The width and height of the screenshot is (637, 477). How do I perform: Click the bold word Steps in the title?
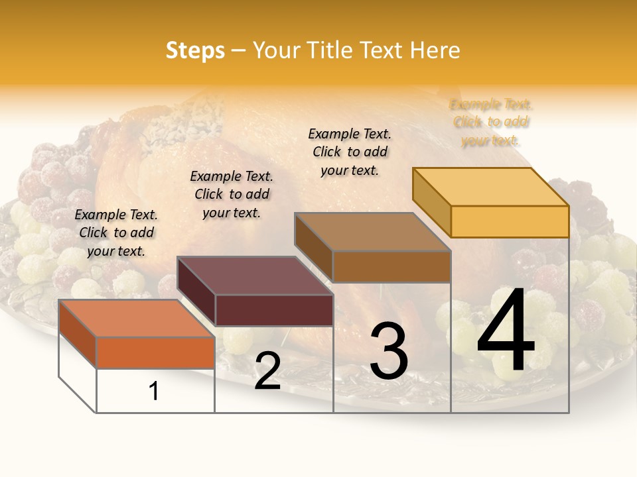195,50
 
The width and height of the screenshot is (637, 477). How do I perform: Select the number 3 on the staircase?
389,351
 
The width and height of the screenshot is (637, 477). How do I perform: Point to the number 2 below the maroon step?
267,372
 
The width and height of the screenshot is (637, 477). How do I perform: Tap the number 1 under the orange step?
154,391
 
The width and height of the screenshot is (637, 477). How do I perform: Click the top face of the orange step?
136,318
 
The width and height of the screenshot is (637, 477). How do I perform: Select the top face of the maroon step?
255,275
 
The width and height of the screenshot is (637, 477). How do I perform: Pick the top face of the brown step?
372,231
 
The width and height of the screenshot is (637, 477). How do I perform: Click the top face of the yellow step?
490,186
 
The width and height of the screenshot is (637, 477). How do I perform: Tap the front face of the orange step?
155,352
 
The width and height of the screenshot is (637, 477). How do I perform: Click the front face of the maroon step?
274,310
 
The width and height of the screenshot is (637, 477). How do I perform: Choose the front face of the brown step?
391,266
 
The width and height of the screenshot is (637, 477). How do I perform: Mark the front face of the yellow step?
510,221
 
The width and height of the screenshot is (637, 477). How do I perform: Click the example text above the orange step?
117,233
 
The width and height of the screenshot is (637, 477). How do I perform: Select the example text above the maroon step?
232,194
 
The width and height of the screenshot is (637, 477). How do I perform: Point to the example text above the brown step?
350,152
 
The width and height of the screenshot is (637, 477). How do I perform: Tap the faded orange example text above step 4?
491,123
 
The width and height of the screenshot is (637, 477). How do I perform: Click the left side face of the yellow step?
431,202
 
